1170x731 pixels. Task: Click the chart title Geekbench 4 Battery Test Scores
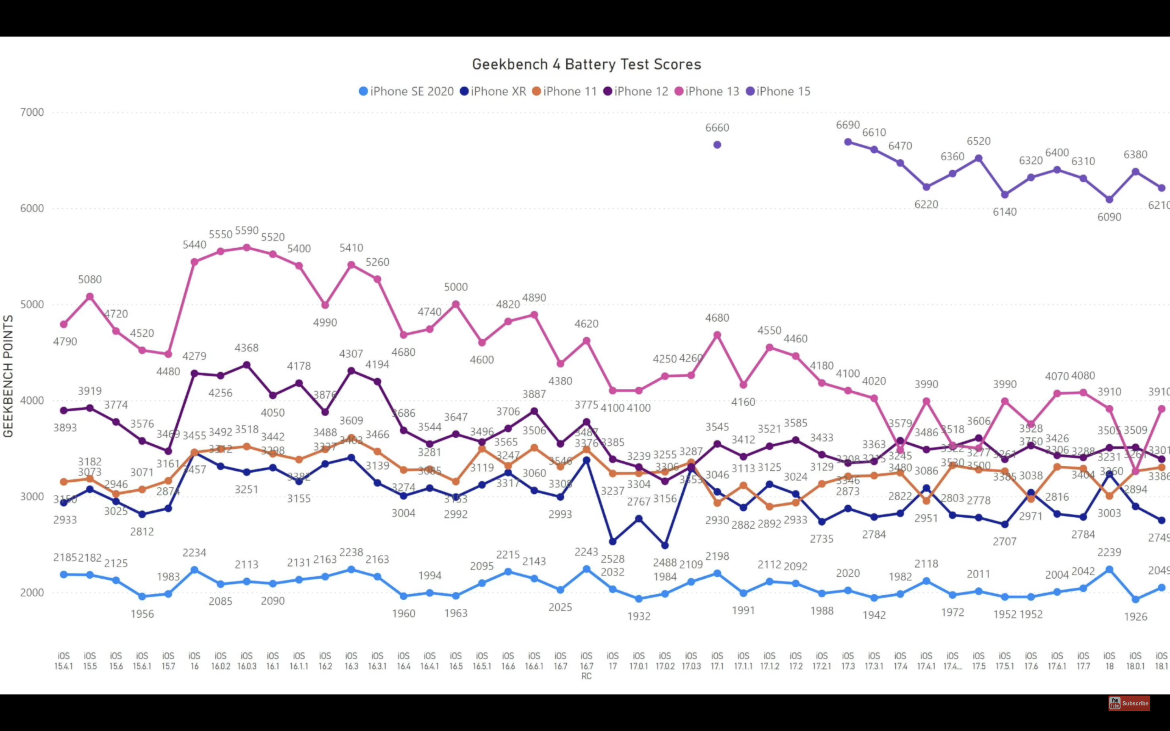pyautogui.click(x=586, y=64)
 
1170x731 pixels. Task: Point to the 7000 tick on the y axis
pyautogui.click(x=32, y=112)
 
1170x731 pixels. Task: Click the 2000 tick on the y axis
pyautogui.click(x=32, y=592)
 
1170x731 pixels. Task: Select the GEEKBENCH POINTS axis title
pyautogui.click(x=8, y=376)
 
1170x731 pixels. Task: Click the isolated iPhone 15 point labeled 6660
pyautogui.click(x=717, y=145)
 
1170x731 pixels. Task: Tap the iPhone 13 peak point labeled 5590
pyautogui.click(x=247, y=248)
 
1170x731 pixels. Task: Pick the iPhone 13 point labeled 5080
pyautogui.click(x=90, y=296)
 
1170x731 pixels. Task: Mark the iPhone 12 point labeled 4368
pyautogui.click(x=247, y=365)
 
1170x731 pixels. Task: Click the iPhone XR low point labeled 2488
pyautogui.click(x=665, y=545)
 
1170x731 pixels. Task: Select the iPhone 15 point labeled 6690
pyautogui.click(x=848, y=142)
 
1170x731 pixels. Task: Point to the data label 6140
pyautogui.click(x=1005, y=212)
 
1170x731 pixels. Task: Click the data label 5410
pyautogui.click(x=351, y=248)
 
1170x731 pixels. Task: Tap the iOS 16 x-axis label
pyautogui.click(x=194, y=661)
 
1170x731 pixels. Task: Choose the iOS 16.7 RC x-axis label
pyautogui.click(x=587, y=666)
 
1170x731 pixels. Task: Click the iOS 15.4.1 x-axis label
pyautogui.click(x=64, y=661)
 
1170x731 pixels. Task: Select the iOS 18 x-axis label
pyautogui.click(x=1109, y=661)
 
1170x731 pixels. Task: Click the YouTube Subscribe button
pyautogui.click(x=1129, y=703)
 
